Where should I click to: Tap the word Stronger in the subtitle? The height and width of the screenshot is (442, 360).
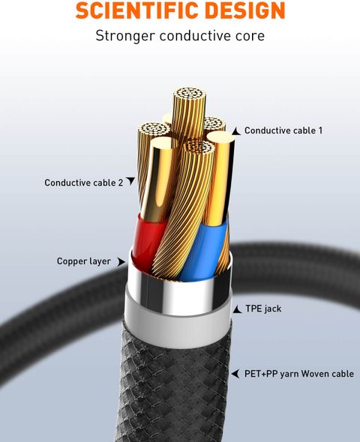125,36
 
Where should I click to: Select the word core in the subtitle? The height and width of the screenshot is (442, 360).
250,36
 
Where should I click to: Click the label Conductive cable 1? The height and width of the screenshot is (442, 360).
283,130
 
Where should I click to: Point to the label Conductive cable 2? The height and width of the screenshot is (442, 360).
84,183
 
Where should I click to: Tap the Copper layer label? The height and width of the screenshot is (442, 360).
84,261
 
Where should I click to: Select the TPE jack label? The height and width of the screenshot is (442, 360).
263,309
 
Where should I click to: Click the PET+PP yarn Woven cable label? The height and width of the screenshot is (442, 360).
299,374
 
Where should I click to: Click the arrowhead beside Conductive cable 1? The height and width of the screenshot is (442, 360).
236,131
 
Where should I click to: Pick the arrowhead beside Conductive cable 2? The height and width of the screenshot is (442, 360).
130,181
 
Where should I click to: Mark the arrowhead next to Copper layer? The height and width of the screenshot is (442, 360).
121,261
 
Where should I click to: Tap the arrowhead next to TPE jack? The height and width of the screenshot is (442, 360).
237,309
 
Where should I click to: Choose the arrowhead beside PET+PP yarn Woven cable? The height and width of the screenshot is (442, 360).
235,374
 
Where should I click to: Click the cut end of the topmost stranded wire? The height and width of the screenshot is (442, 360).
189,94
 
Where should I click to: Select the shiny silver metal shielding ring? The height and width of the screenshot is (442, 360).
179,293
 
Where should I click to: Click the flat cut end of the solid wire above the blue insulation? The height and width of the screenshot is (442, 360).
220,138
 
